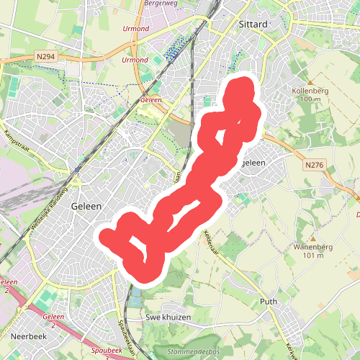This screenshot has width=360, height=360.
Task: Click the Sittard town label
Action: tap(252, 24)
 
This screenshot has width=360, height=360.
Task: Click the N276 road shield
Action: tap(313, 166)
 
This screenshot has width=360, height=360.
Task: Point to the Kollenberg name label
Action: tap(310, 91)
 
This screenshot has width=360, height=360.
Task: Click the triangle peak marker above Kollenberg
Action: tap(310, 82)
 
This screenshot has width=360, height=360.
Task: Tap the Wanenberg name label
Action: tap(313, 247)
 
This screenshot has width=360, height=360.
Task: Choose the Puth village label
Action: tap(268, 302)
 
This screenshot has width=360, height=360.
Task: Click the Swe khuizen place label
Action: tap(168, 317)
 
